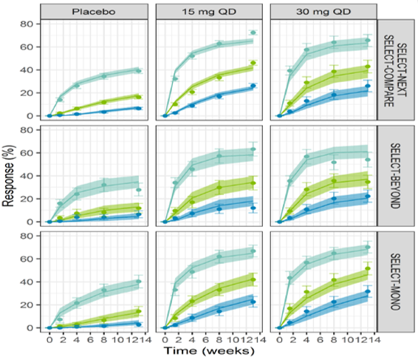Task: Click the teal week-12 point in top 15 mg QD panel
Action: point(253,33)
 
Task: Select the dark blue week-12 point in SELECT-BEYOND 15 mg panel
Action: point(253,208)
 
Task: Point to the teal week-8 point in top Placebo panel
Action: point(103,76)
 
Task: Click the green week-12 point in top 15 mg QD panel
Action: point(253,63)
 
